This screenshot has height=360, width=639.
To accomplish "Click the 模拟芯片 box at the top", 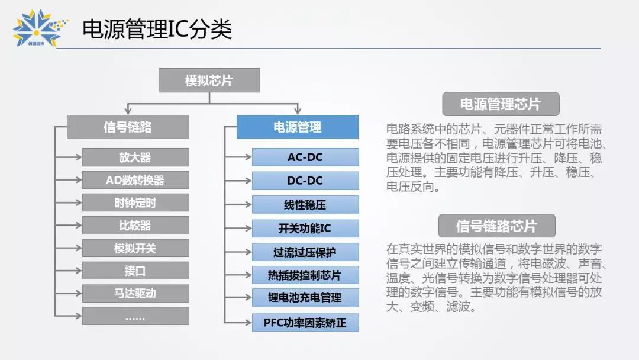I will coord(209,81).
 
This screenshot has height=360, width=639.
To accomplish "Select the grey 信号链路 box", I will coord(128,127).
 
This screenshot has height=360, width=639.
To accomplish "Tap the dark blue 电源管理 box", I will coord(298,127).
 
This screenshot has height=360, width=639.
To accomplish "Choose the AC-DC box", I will coord(305,157).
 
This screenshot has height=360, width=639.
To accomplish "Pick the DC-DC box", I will coord(305,181).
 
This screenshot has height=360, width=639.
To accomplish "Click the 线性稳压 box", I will coord(305,205).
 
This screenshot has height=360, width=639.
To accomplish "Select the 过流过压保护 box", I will coord(305,252).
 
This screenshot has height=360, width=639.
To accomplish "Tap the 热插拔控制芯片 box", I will coord(305,275).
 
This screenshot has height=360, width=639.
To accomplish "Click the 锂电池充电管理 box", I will coord(305,297).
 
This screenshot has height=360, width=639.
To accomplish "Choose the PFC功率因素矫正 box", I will coord(305,323).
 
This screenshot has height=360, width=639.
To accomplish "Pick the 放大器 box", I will coord(135,157).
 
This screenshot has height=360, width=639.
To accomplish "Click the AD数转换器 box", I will coord(135,180).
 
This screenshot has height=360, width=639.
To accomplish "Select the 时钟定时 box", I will coord(135,202).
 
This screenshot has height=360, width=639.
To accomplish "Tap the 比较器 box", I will coord(135,226).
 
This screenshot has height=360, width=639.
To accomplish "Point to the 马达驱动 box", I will coord(135,293).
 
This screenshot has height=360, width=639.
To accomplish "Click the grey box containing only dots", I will coord(135,316).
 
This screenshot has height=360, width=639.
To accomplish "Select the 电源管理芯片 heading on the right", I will coord(501,104).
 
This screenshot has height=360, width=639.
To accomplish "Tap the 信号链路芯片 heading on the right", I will coord(497,226).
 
